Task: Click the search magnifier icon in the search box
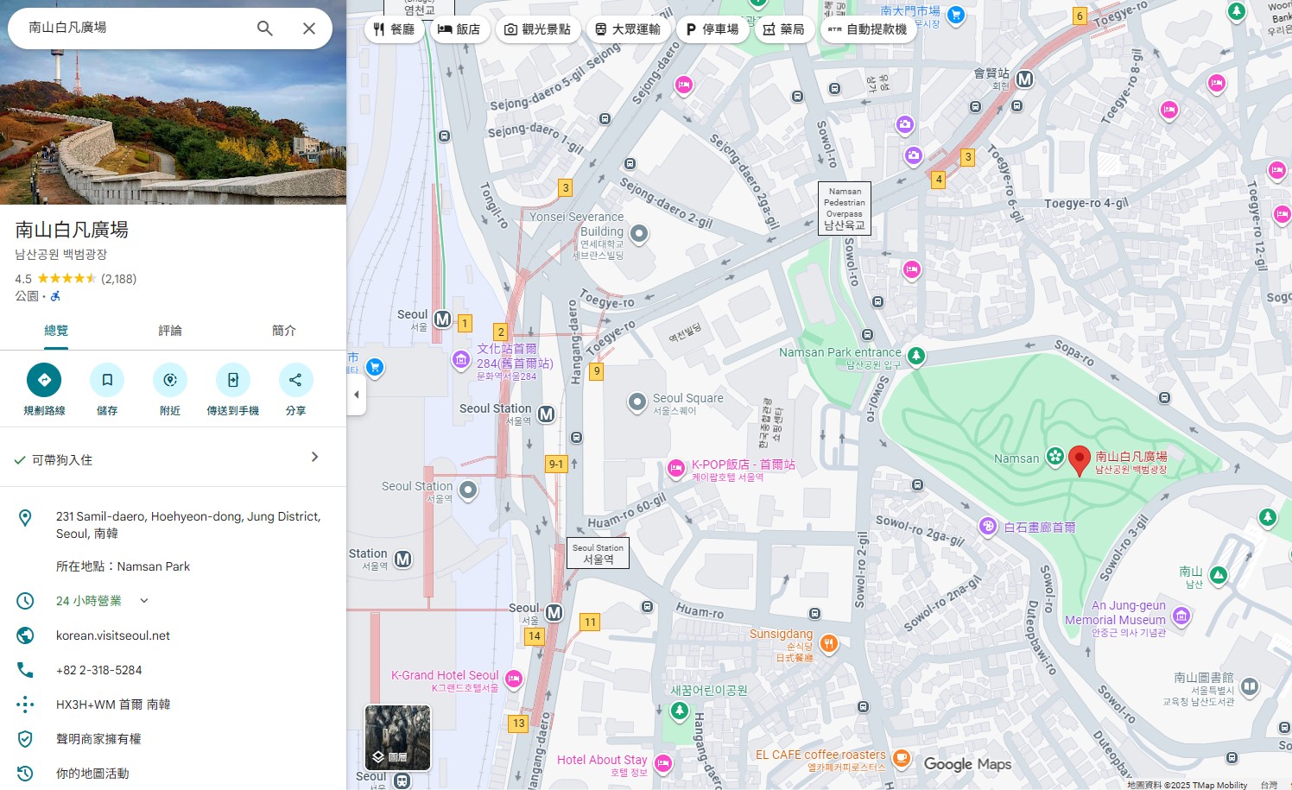coord(265,28)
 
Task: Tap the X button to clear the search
coord(308,28)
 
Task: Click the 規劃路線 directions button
coord(44,380)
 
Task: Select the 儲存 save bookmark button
coord(107,380)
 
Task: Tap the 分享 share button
coord(295,380)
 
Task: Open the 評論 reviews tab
coord(170,331)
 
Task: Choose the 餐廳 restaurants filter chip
coord(394,29)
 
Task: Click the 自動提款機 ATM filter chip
coord(867,29)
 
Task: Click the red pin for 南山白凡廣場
coord(1079,459)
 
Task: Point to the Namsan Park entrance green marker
coord(916,355)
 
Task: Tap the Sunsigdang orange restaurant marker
coord(828,643)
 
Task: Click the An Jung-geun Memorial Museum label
coord(1116,613)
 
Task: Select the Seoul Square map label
coord(687,398)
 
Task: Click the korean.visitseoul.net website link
coord(113,635)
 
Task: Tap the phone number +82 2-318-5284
coord(99,670)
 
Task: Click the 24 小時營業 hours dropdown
coord(102,601)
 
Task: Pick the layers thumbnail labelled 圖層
coord(397,737)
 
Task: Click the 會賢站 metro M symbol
coord(1024,79)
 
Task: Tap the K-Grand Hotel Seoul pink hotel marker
coord(514,679)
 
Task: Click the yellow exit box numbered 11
coord(590,622)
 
